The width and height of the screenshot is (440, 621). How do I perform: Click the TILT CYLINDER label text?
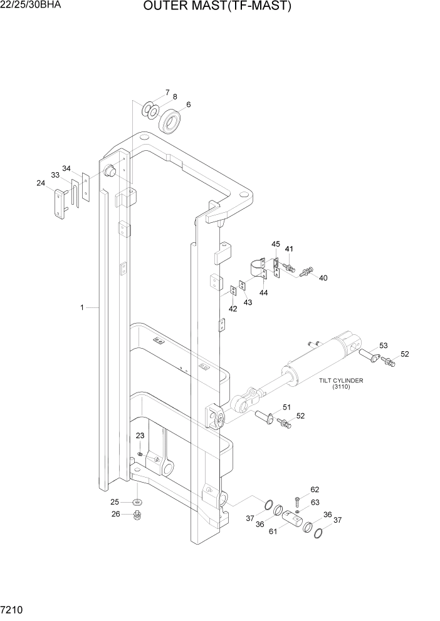341,380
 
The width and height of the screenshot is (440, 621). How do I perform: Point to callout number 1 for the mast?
82,307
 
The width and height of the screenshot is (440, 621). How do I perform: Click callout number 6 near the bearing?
188,105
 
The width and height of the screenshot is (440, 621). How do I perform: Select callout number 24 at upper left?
41,183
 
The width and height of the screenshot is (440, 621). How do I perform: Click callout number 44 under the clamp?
263,293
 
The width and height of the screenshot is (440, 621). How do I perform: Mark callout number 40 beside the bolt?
323,278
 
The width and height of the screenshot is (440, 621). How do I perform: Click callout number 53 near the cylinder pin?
383,346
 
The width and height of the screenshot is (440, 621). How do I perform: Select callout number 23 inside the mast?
140,436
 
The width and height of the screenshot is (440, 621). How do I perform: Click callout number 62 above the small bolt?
315,490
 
